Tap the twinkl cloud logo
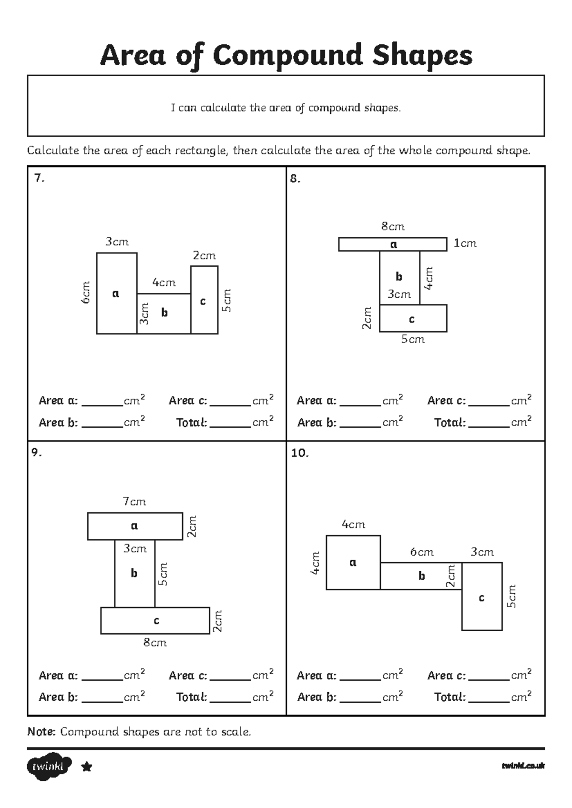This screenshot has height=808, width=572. (49, 767)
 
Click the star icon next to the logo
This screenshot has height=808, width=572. (87, 767)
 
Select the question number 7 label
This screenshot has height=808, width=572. (40, 178)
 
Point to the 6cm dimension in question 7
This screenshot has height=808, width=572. (86, 293)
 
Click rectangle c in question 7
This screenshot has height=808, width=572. (204, 300)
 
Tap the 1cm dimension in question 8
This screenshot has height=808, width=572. (465, 243)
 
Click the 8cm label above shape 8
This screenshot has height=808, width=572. (393, 227)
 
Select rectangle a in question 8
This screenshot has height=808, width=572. (393, 244)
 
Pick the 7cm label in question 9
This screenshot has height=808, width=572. (134, 502)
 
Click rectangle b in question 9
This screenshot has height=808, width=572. (134, 573)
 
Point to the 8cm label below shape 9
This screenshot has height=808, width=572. (155, 643)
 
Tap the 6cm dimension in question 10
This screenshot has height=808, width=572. (422, 552)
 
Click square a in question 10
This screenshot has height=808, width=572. (353, 563)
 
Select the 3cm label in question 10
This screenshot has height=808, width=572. (482, 552)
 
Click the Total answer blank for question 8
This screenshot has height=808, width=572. (489, 423)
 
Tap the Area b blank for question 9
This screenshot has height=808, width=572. (102, 698)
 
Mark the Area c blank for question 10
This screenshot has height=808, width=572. (489, 676)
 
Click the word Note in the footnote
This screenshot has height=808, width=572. (41, 732)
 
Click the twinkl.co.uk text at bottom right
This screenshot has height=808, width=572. (523, 766)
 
